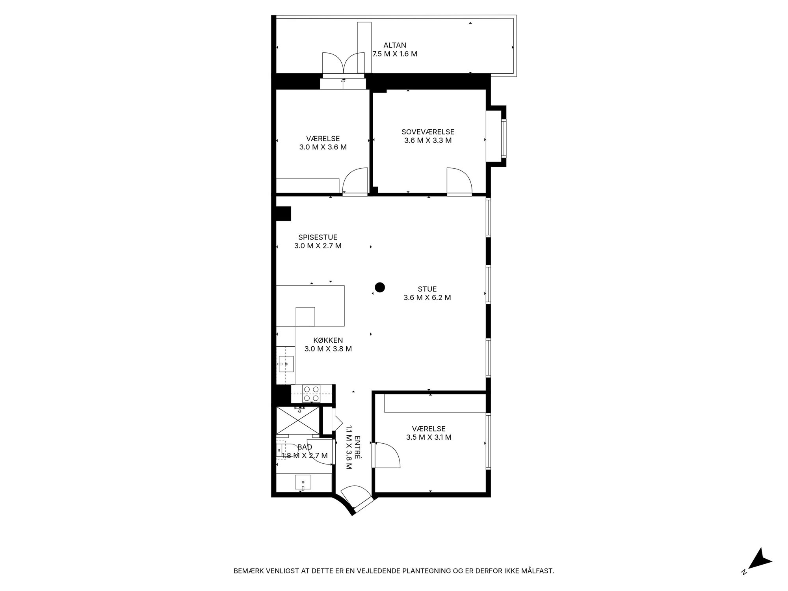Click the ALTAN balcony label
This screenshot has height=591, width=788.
tap(395, 45)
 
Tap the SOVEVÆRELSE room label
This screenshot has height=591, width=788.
tap(428, 132)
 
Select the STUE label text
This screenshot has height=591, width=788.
tap(427, 289)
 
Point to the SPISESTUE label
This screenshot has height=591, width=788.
tap(318, 237)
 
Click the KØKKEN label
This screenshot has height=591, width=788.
tap(328, 340)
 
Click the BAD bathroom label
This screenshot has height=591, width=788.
tap(305, 447)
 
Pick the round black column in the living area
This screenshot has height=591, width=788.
tap(380, 288)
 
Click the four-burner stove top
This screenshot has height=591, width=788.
tap(311, 394)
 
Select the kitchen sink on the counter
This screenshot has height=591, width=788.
tap(286, 364)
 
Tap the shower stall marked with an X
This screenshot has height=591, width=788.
tap(298, 420)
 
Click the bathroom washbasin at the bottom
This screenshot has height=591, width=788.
tap(303, 483)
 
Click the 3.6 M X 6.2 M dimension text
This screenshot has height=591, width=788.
tap(427, 298)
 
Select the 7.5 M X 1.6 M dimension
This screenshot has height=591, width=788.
tap(395, 54)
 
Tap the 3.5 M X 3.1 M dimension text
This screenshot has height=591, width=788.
tap(429, 437)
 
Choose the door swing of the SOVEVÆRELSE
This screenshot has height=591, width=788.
tap(459, 181)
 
